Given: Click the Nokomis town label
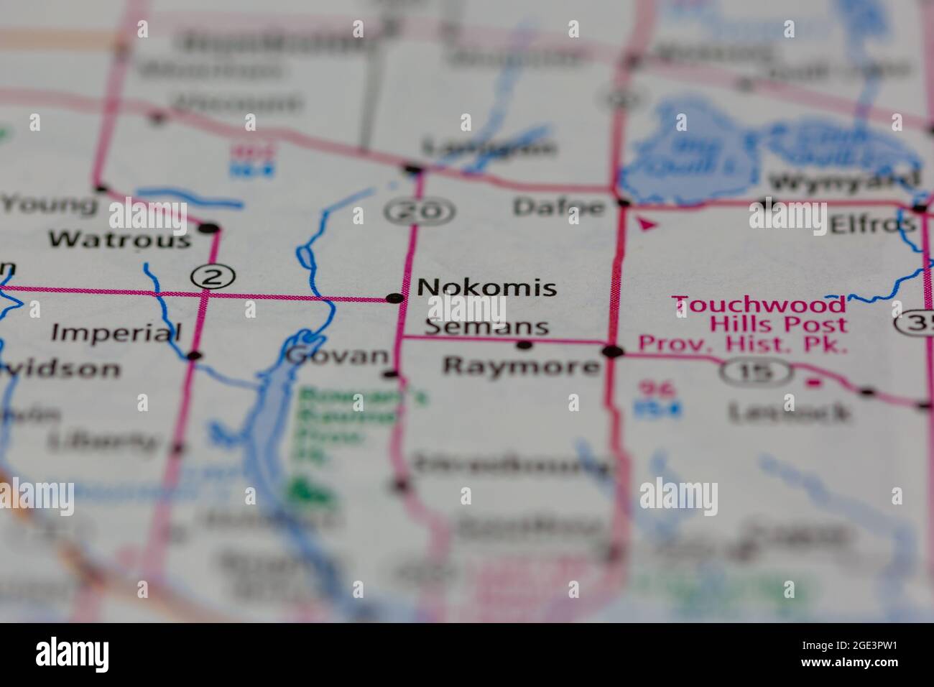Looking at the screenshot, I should [x=486, y=287].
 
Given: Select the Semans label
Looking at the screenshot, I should [x=486, y=328].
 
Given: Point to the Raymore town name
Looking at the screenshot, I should [x=521, y=366].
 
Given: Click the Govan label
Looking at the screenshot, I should [x=336, y=356].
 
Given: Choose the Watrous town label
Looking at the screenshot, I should [x=121, y=239].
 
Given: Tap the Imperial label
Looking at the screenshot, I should [x=116, y=333].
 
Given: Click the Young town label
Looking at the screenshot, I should [x=49, y=205].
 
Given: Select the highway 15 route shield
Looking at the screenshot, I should [x=756, y=372].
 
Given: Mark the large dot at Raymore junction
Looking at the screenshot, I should [x=612, y=351].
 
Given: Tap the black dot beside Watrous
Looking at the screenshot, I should [x=208, y=229].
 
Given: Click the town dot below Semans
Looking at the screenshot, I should [x=525, y=346].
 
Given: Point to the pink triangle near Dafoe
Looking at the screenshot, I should [x=647, y=225].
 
